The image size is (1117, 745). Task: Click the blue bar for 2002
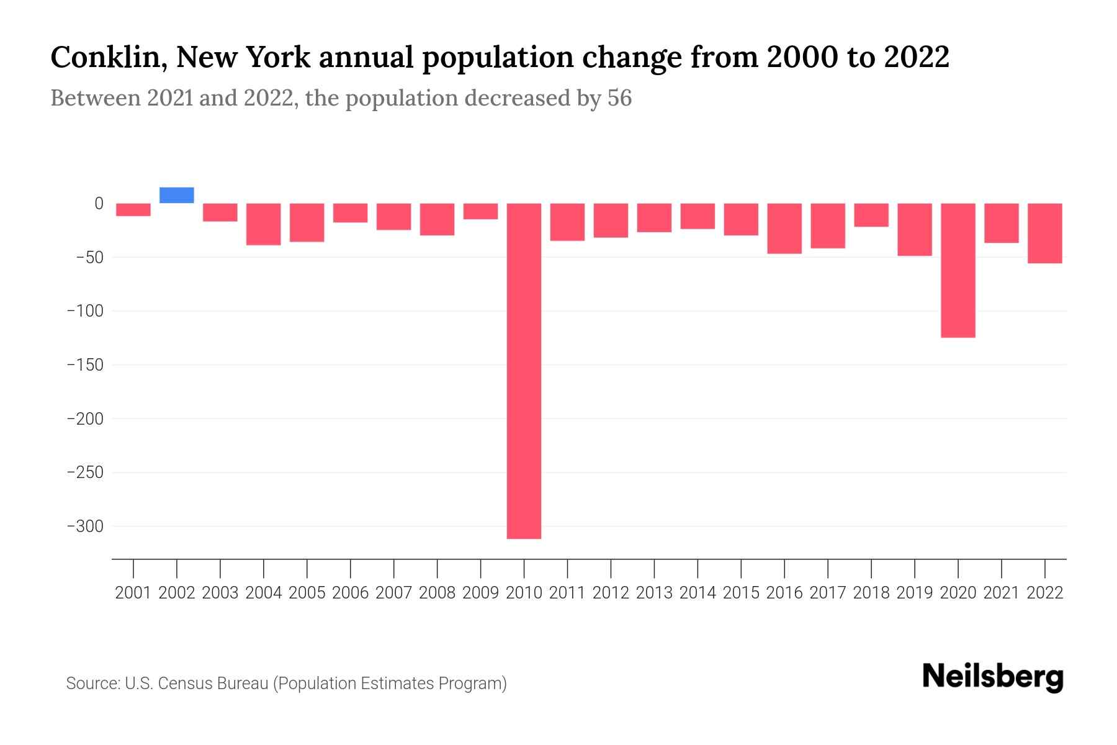click(x=177, y=195)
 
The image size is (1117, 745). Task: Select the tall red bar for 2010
click(x=524, y=371)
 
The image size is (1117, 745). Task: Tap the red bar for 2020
click(x=958, y=270)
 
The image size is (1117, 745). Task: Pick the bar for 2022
click(x=1045, y=233)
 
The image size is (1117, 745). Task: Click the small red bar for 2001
click(x=133, y=210)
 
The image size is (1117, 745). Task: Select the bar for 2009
click(x=480, y=211)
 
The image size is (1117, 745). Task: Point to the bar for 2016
click(x=784, y=228)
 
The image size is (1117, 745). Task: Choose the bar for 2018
click(x=871, y=215)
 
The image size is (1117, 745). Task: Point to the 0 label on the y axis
click(x=99, y=203)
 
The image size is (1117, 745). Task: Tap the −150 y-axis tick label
click(x=85, y=365)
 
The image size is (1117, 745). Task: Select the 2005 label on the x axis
click(x=307, y=593)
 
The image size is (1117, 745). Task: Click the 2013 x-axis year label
click(x=654, y=593)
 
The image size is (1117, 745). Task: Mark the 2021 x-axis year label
click(x=1001, y=593)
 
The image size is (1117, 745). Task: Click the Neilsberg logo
click(x=993, y=677)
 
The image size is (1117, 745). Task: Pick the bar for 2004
click(x=264, y=224)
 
